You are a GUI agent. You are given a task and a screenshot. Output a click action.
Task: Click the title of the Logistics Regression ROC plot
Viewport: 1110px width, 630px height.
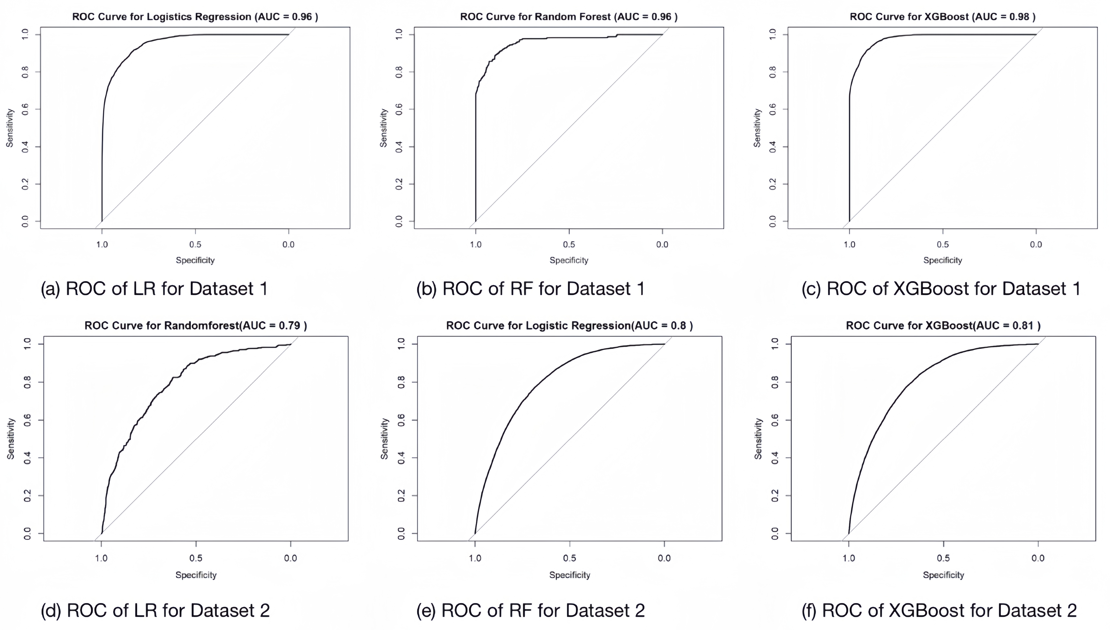pos(195,17)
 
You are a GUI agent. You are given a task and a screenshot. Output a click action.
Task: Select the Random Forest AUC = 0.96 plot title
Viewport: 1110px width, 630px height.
pos(569,17)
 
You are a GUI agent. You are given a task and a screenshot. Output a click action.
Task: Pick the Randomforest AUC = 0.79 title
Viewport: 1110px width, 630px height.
pos(196,325)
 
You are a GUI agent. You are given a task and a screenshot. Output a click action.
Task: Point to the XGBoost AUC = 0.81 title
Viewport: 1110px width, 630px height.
pos(943,325)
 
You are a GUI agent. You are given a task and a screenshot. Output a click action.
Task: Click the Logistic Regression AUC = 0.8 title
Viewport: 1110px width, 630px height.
pos(569,325)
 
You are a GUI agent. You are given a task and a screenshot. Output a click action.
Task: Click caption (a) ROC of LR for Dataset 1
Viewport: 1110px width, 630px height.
pos(154,289)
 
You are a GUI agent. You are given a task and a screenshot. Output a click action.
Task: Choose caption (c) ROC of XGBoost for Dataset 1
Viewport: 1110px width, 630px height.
pos(941,289)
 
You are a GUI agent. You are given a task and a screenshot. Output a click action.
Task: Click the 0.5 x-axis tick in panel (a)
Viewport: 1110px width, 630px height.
pos(195,244)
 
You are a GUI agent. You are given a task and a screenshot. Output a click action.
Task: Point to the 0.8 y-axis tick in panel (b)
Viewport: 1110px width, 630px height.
pos(399,72)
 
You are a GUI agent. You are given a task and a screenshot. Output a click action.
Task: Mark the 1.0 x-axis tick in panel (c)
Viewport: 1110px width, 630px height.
pos(849,244)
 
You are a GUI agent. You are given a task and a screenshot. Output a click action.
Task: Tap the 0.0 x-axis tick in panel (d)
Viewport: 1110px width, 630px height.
pos(291,558)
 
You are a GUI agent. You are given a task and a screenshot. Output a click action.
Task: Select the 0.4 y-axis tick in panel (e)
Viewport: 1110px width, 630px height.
pos(401,458)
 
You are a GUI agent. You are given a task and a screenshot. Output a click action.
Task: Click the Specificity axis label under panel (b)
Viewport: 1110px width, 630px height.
pos(569,260)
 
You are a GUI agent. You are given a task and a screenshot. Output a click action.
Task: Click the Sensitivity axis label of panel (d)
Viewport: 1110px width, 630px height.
pos(11,438)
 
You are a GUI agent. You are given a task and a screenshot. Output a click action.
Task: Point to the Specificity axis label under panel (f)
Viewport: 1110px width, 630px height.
pos(943,575)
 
